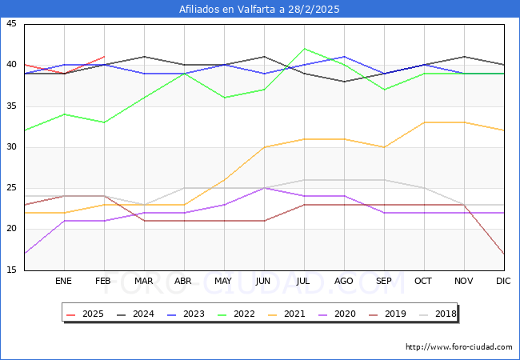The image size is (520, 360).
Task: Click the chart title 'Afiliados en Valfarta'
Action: pyautogui.click(x=259, y=10)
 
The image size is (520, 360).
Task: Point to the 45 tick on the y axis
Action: pyautogui.click(x=11, y=24)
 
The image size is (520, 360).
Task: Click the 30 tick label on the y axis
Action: pyautogui.click(x=11, y=147)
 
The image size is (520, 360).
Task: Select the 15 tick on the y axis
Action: pyautogui.click(x=11, y=270)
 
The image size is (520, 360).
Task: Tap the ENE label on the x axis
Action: pyautogui.click(x=64, y=282)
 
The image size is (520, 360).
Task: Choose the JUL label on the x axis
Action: pyautogui.click(x=304, y=282)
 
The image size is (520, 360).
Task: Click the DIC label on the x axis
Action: pyautogui.click(x=503, y=282)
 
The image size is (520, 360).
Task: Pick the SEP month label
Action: pyautogui.click(x=384, y=282)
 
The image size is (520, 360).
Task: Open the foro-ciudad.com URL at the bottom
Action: pyautogui.click(x=459, y=347)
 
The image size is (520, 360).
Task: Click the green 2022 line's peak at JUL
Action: pyautogui.click(x=304, y=49)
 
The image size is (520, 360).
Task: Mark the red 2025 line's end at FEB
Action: pyautogui.click(x=104, y=57)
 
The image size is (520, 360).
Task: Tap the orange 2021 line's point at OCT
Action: pyautogui.click(x=424, y=122)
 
